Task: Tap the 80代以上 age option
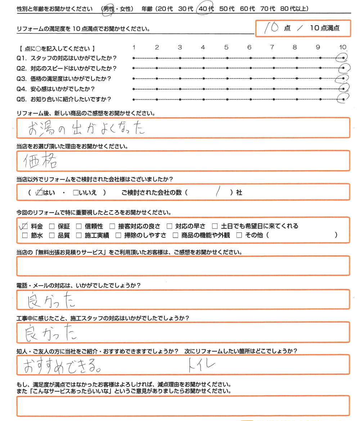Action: point(294,9)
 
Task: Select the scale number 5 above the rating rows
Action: point(226,47)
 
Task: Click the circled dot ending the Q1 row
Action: point(343,58)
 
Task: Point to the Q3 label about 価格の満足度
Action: point(64,78)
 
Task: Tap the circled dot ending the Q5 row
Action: point(343,99)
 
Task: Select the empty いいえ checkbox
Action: point(75,193)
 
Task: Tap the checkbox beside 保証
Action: point(51,226)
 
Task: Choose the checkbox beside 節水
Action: point(24,236)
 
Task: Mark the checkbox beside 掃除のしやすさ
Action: point(118,236)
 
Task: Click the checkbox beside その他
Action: point(239,236)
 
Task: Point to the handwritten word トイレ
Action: point(201,366)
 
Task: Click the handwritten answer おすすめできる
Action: point(62,366)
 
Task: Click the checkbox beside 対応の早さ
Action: point(169,226)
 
